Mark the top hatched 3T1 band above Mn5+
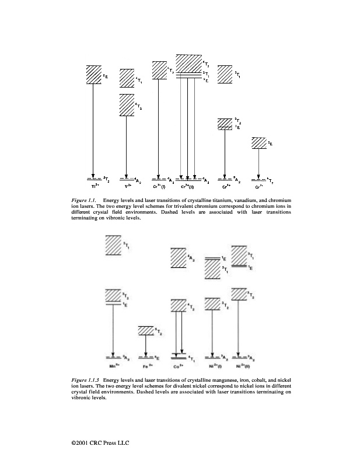113,245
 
